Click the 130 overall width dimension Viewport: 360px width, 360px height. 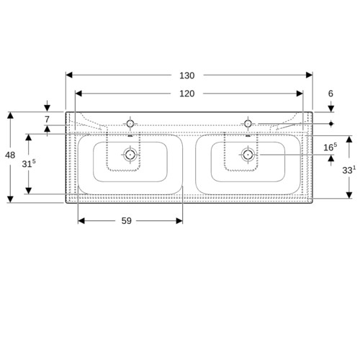click(x=187, y=76)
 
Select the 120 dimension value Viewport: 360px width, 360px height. click(x=187, y=94)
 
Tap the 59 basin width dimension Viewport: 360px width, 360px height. click(x=127, y=221)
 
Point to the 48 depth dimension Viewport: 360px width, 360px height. click(x=10, y=156)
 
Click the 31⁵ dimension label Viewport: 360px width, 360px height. click(x=29, y=163)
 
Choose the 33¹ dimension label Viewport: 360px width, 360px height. click(x=349, y=170)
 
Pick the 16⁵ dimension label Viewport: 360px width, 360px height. click(x=330, y=147)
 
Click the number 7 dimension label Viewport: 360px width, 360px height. click(x=47, y=120)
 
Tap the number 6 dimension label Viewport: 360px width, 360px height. click(x=330, y=94)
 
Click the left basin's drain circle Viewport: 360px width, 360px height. click(x=130, y=155)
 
